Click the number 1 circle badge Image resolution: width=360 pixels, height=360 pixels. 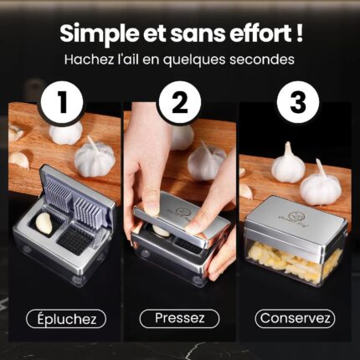click(x=62, y=103)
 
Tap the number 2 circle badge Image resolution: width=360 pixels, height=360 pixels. click(x=180, y=103)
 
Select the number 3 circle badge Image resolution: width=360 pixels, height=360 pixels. click(x=298, y=103)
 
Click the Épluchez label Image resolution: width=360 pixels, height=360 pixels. click(x=66, y=319)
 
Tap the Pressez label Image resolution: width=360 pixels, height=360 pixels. click(x=179, y=318)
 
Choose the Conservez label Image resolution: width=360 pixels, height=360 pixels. click(x=295, y=318)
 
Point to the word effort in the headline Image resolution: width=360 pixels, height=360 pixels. click(x=260, y=33)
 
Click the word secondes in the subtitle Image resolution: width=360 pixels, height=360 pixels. click(x=262, y=59)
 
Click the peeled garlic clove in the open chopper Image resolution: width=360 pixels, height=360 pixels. click(x=44, y=224)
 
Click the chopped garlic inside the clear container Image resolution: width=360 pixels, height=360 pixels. click(x=296, y=260)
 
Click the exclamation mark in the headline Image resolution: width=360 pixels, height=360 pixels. click(x=299, y=33)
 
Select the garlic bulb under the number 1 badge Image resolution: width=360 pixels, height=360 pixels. click(x=66, y=133)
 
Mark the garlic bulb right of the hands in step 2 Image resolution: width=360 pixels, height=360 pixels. click(x=207, y=161)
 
